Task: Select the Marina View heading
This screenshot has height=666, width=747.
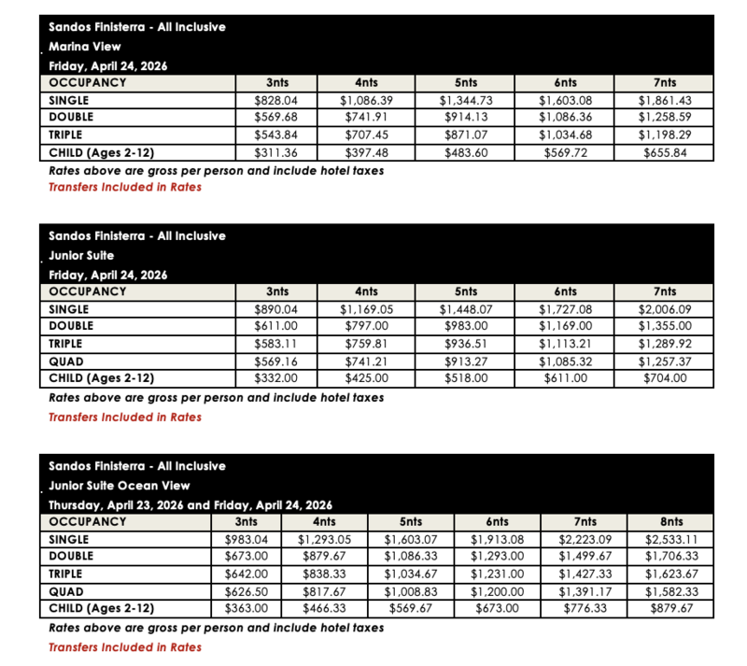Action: tap(85, 46)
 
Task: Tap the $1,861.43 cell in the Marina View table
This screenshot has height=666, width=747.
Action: tap(664, 99)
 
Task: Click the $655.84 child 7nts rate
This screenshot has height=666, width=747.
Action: tap(664, 152)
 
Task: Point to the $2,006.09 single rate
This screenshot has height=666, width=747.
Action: tap(664, 308)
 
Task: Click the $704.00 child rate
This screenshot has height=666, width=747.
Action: tap(664, 379)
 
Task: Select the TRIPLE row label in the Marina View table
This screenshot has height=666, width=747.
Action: tap(69, 135)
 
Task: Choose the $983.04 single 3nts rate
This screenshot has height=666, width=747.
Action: tap(246, 540)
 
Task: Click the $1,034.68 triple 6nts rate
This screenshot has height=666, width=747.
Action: tap(567, 135)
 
